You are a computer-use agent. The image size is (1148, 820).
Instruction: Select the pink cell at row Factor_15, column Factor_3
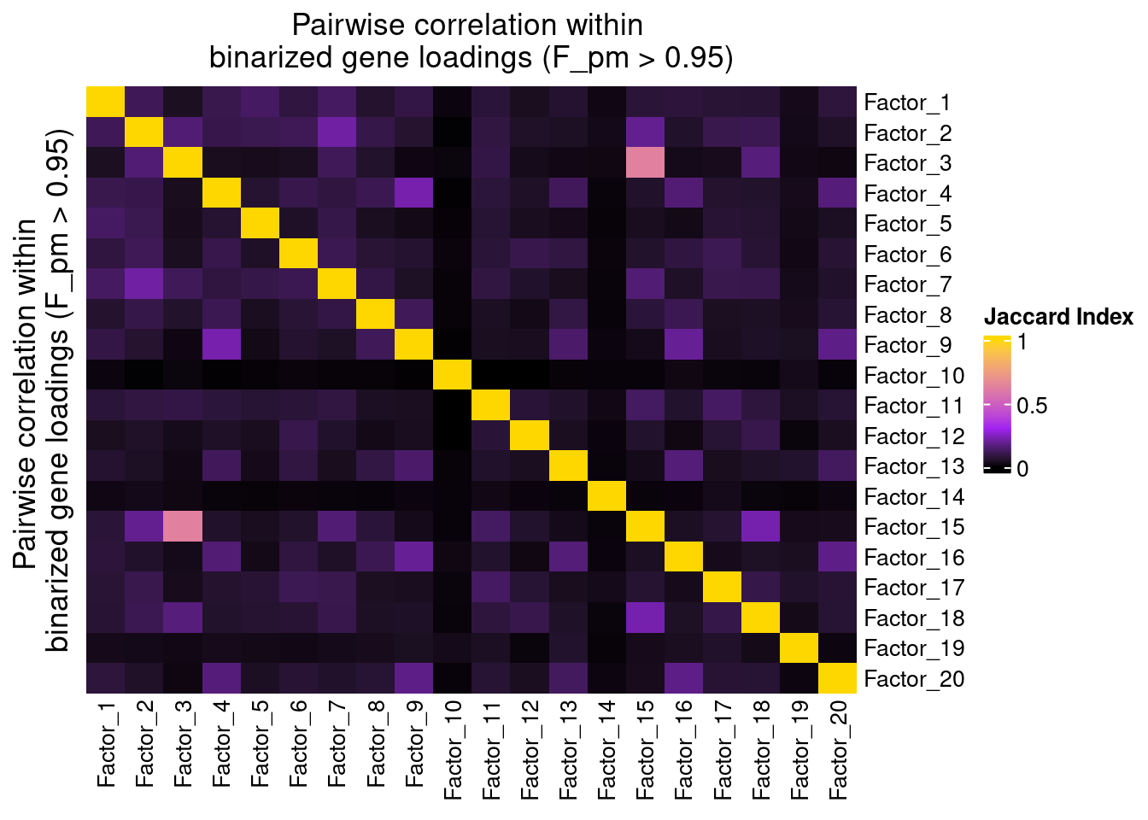183,526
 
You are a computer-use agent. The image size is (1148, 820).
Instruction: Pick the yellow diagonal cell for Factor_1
106,102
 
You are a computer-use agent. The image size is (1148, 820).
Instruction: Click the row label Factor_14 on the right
914,497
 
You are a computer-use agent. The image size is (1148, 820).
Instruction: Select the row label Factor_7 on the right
908,284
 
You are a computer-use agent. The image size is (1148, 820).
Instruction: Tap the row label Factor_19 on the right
914,648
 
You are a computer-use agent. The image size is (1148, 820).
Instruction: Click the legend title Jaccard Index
1058,317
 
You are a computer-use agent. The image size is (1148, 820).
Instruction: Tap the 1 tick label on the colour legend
1022,342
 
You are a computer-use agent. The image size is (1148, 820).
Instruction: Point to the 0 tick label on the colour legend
1022,468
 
